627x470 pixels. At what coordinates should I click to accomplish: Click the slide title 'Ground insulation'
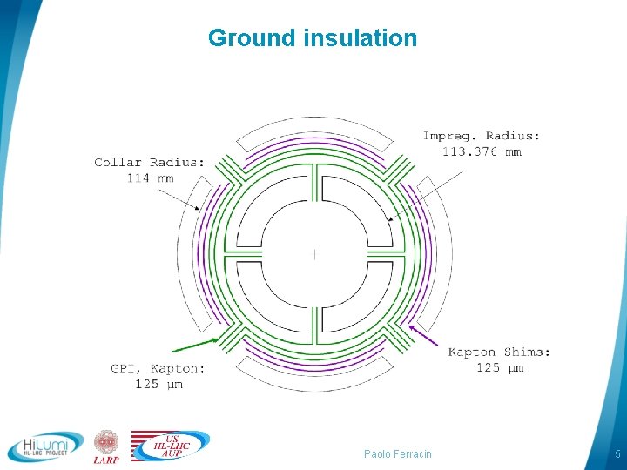click(313, 38)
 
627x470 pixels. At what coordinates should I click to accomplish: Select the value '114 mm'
click(150, 178)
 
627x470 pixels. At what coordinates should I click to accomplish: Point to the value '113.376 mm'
click(482, 152)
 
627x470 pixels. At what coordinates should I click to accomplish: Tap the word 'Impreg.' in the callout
click(450, 136)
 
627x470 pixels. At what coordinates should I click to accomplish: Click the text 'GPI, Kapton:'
click(158, 368)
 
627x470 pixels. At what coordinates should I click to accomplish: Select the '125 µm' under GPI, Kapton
click(158, 384)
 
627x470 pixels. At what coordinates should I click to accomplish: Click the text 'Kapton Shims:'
click(499, 352)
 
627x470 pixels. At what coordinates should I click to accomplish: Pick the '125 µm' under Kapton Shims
click(499, 368)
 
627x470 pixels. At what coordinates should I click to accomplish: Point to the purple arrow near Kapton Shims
click(426, 336)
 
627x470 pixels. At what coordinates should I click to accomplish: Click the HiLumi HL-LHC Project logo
click(45, 446)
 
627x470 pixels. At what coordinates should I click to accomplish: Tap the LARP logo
click(106, 446)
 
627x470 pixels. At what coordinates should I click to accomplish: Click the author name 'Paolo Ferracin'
click(397, 454)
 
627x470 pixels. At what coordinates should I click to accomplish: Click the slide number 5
click(617, 454)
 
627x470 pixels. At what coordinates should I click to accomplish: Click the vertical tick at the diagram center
click(314, 254)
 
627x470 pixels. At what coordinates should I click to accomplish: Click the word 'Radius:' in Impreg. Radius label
click(512, 136)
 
